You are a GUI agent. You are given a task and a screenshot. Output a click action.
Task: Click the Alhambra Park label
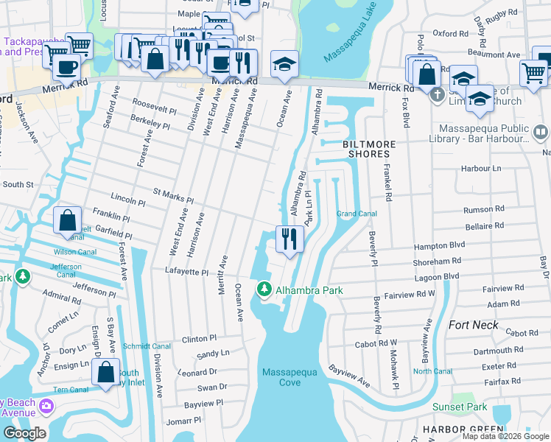point(309,290)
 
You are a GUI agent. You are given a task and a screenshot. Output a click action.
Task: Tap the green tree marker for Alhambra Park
point(264,290)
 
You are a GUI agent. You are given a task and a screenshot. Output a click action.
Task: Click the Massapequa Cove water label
point(290,377)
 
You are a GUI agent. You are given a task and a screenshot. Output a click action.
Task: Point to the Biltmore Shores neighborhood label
point(365,149)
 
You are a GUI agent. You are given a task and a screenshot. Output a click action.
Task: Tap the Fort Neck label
point(472,324)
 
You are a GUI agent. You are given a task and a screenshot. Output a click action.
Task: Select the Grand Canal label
point(357,214)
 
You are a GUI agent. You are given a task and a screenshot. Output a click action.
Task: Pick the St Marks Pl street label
point(172,195)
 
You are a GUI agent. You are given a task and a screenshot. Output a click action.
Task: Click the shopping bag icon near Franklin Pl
point(67,220)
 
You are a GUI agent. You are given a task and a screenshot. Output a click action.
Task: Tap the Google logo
point(24,433)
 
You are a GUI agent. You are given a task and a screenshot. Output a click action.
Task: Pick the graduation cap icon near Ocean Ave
point(284,63)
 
